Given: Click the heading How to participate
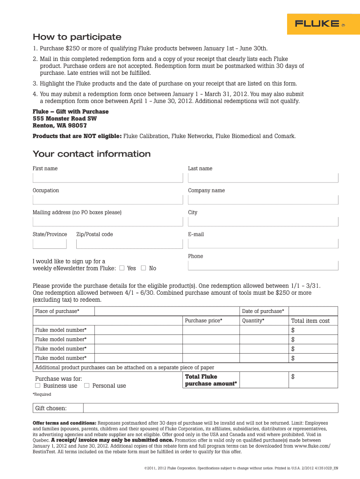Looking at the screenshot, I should pyautogui.click(x=77, y=37).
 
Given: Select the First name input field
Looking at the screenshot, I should pyautogui.click(x=108, y=178).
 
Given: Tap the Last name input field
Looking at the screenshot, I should pyautogui.click(x=263, y=178).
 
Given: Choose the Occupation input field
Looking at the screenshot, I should pyautogui.click(x=108, y=200).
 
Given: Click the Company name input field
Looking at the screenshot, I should pyautogui.click(x=263, y=200).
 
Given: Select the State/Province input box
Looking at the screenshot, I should pyautogui.click(x=50, y=244).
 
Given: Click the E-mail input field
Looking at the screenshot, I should pyautogui.click(x=263, y=244).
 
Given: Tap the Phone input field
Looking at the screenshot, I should pyautogui.click(x=263, y=265).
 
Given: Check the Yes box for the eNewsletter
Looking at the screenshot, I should pyautogui.click(x=122, y=268).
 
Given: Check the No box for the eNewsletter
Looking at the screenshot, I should pyautogui.click(x=144, y=268).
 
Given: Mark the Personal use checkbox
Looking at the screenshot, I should pyautogui.click(x=86, y=385).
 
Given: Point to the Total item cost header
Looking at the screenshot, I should pyautogui.click(x=310, y=321).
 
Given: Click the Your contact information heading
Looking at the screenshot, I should pyautogui.click(x=91, y=154).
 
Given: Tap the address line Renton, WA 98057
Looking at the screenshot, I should pyautogui.click(x=59, y=125).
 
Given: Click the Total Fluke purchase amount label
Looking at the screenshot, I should pyautogui.click(x=211, y=380).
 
